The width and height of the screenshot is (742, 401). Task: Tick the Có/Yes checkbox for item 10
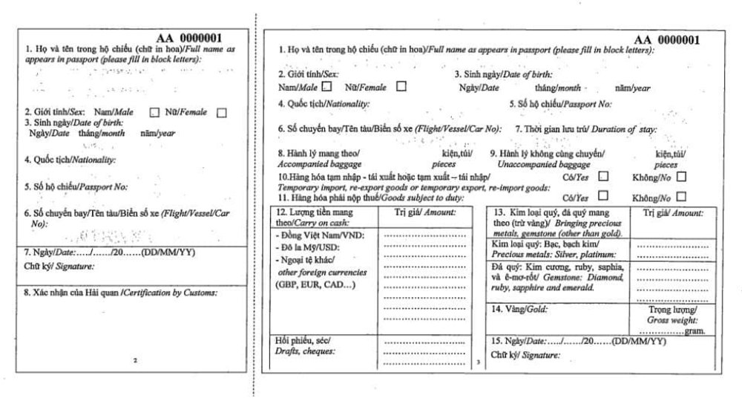point(603,176)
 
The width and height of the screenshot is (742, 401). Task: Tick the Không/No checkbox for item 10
point(680,176)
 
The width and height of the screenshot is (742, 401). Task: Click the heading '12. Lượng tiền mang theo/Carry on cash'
point(319,216)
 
